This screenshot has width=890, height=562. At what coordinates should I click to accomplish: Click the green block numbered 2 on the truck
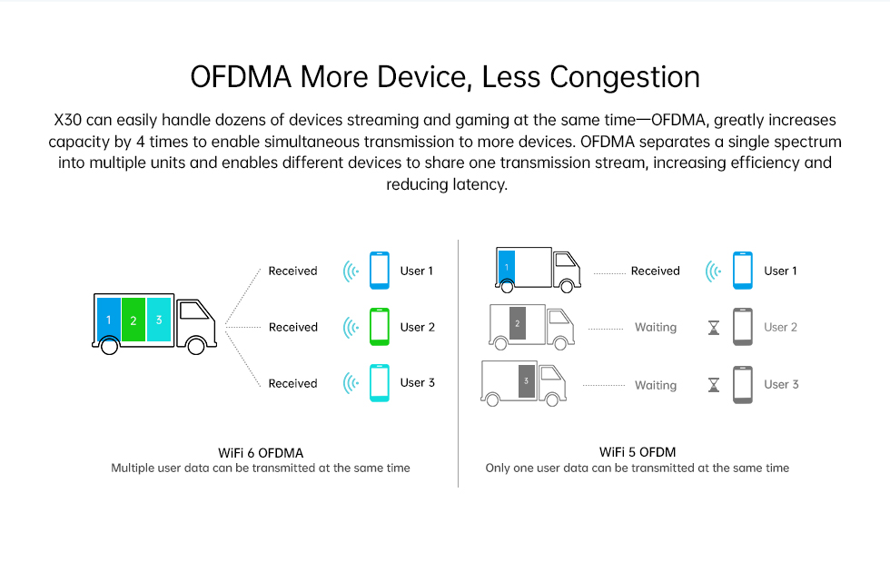[x=133, y=320]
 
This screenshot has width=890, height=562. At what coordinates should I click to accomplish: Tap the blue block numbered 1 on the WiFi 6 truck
[x=108, y=320]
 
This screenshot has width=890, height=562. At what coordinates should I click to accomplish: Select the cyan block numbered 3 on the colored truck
[x=159, y=320]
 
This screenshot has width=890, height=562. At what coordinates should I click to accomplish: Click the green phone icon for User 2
[x=380, y=327]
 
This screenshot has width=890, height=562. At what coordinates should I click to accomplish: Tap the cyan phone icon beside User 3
[x=380, y=383]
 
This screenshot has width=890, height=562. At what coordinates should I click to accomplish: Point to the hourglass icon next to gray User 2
[x=714, y=328]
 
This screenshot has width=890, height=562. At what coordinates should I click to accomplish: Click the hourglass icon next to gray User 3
[x=714, y=385]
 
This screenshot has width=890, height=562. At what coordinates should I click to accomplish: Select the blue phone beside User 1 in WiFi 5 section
[x=743, y=271]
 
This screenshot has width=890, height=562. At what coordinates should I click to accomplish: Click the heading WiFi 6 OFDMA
[x=261, y=453]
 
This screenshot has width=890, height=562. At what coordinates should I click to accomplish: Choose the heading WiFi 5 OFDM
[x=638, y=452]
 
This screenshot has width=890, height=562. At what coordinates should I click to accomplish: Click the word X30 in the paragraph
[x=67, y=121]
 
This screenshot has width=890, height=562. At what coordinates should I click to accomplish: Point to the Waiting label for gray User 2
[x=656, y=328]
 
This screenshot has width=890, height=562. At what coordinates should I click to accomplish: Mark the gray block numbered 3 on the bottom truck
[x=526, y=381]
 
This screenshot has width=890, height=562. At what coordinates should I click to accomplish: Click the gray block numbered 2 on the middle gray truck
[x=517, y=323]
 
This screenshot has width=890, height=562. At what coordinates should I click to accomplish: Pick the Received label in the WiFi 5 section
[x=655, y=271]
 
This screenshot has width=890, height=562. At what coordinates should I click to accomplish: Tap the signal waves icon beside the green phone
[x=351, y=328]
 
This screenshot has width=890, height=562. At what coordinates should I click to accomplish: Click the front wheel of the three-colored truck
[x=196, y=345]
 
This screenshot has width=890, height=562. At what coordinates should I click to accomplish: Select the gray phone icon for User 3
[x=743, y=385]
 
